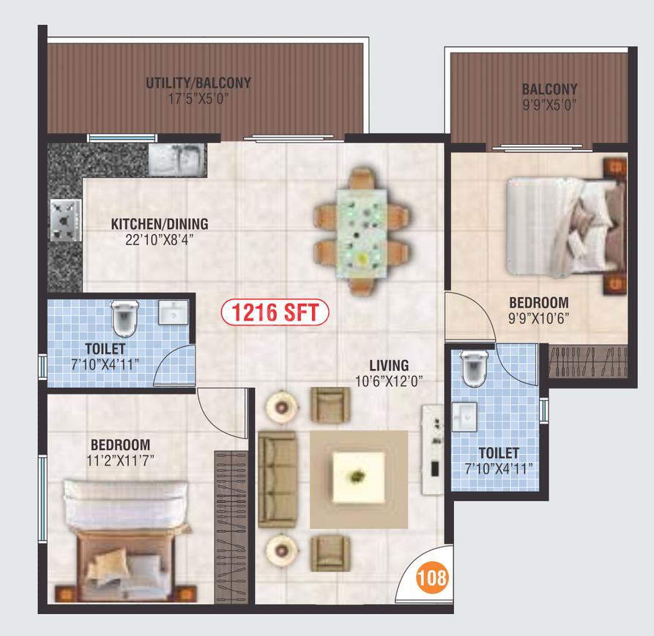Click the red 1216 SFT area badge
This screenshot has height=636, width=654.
click(275, 313)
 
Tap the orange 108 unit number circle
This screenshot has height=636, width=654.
click(431, 578)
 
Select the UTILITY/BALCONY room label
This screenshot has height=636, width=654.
click(198, 83)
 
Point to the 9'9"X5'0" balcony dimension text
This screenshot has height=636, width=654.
click(549, 104)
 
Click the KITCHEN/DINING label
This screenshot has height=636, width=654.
click(160, 224)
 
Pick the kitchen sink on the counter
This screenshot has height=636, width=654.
click(176, 160)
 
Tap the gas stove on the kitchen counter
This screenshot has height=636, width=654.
click(66, 220)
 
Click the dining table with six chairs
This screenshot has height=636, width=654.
click(361, 232)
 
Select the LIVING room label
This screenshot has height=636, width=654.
click(389, 365)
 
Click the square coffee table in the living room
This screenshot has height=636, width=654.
click(358, 477)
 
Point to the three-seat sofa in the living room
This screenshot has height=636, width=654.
click(277, 479)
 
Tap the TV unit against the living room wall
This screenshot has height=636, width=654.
click(433, 449)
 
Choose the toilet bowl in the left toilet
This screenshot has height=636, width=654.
click(124, 318)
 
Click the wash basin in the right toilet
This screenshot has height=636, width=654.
click(464, 416)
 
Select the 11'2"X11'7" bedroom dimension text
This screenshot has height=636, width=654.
click(121, 460)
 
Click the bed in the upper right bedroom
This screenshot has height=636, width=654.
click(566, 226)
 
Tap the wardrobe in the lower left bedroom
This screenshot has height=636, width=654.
click(231, 527)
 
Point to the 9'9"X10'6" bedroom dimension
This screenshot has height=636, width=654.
click(538, 318)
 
